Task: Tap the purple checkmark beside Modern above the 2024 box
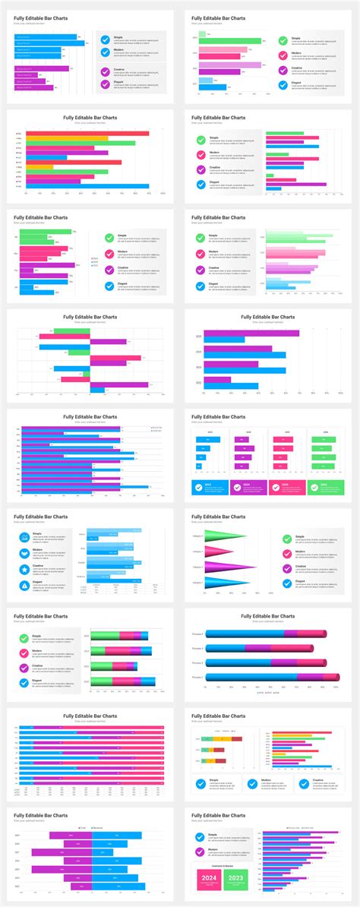(x=201, y=851)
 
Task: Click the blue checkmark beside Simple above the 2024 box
(x=201, y=836)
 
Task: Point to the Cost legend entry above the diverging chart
(x=81, y=828)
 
